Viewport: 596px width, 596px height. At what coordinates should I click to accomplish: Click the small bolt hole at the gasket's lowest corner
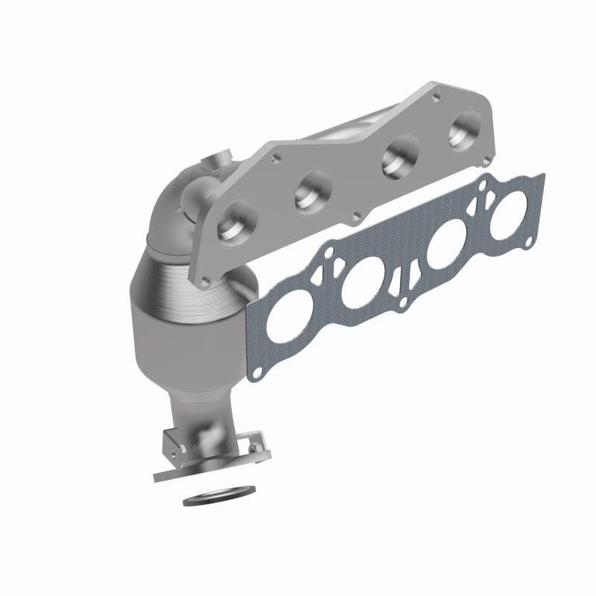(257, 369)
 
